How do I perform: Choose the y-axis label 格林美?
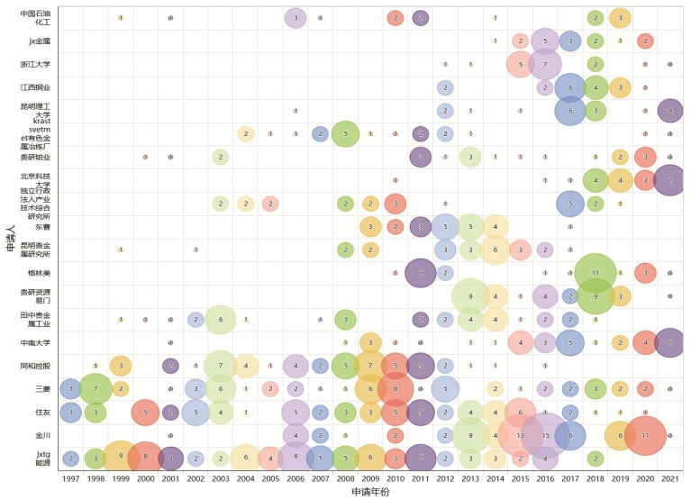pos(40,270)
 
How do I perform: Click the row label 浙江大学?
pos(36,64)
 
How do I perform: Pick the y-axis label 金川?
pos(43,434)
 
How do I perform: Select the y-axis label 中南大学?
pos(36,342)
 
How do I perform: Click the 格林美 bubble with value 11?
pos(595,271)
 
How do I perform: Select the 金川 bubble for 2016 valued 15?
pos(545,434)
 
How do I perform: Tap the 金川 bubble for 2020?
pos(645,435)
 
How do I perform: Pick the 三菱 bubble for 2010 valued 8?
pos(395,388)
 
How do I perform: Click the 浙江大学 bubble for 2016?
pos(545,64)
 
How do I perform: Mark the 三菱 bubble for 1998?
pos(95,388)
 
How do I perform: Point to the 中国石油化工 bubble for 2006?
pos(295,18)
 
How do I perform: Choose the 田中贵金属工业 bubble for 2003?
pos(220,320)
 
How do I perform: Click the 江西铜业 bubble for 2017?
pos(569,87)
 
